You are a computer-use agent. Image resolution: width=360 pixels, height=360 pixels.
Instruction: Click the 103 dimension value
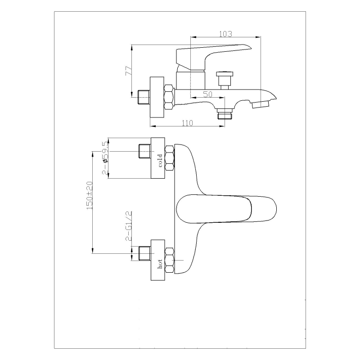click(x=225, y=34)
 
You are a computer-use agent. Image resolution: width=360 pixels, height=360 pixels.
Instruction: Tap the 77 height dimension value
click(x=129, y=71)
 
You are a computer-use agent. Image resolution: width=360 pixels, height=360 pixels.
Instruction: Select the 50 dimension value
click(x=208, y=94)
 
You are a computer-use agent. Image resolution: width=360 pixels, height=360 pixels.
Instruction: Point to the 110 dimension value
click(x=188, y=123)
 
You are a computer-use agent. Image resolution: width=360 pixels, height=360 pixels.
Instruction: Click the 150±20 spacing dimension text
click(x=90, y=195)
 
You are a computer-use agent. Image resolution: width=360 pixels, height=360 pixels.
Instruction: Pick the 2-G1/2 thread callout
click(x=129, y=226)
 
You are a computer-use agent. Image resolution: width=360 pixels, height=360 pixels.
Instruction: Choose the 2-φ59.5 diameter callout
click(x=105, y=158)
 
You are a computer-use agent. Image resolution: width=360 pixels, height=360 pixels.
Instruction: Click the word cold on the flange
click(x=160, y=161)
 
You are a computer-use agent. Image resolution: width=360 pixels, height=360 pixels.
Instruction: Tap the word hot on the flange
click(x=160, y=264)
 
